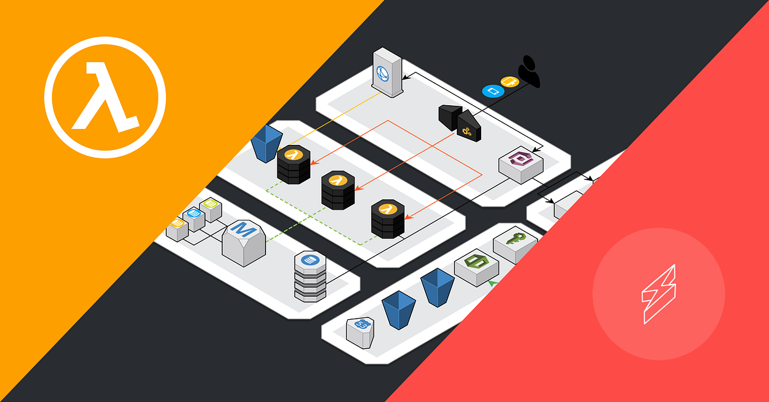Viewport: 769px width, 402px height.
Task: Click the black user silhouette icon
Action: point(529,71)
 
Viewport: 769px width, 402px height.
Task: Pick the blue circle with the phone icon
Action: point(492,91)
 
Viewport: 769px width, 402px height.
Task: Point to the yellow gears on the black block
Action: point(467,131)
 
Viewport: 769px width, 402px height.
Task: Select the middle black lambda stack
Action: point(338,189)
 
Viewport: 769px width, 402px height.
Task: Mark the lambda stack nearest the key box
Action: point(387,219)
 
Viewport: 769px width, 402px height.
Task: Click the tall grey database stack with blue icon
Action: point(310,276)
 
